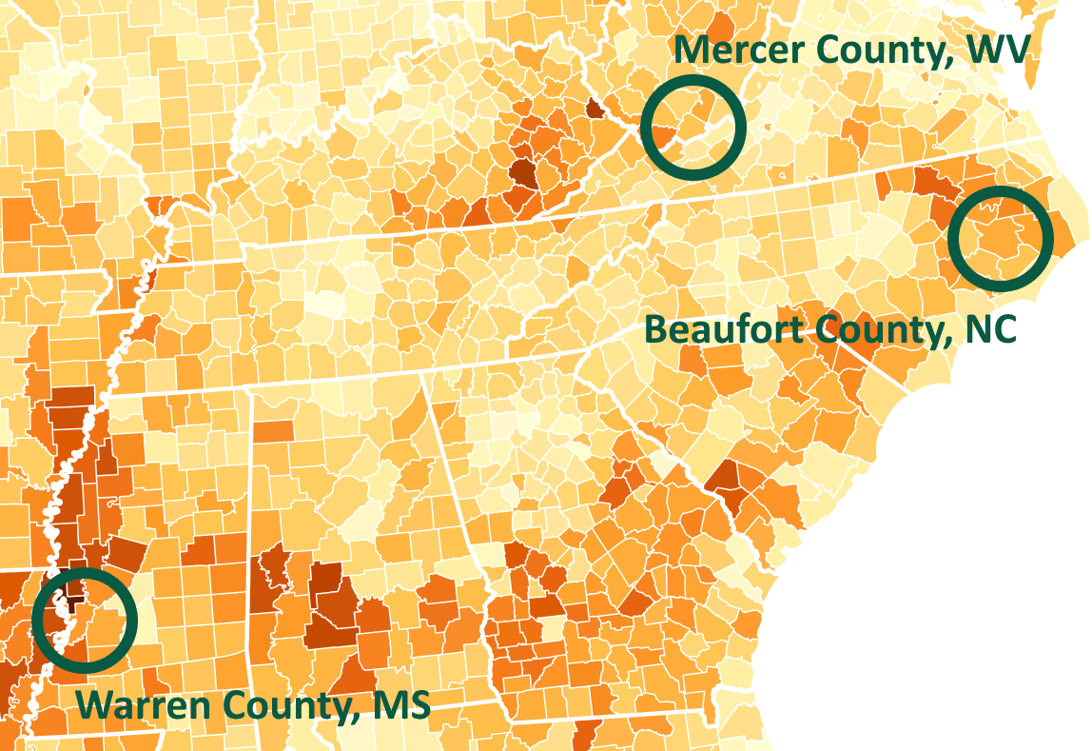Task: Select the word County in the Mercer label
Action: click(x=878, y=49)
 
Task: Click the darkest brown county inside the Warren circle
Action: click(x=70, y=603)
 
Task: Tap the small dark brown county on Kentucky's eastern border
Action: click(x=595, y=108)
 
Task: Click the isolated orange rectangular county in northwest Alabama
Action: click(x=273, y=431)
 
